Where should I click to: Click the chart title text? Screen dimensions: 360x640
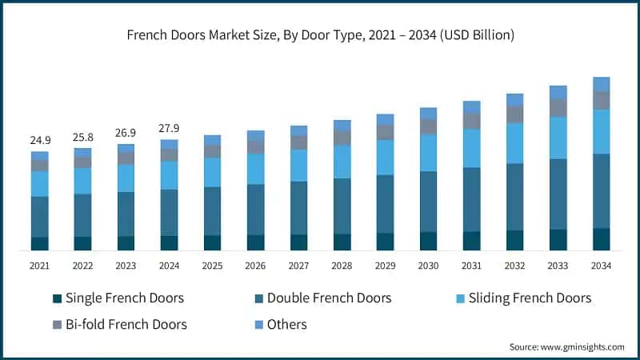tap(319, 35)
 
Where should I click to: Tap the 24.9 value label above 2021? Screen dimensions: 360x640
tap(40, 140)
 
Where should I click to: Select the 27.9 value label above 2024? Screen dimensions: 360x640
tap(169, 128)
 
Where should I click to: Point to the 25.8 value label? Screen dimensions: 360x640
tap(83, 137)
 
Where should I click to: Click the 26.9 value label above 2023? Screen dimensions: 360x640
tap(126, 133)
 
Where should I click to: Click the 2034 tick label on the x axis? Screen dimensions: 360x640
tap(601, 266)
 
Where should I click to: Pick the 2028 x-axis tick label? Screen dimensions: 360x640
tap(342, 266)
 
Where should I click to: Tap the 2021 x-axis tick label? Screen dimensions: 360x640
tap(40, 266)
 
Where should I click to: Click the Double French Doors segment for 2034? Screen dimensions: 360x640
tap(601, 190)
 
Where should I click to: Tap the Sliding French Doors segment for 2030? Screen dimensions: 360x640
tap(429, 153)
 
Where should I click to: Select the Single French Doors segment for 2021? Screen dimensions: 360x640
tap(40, 243)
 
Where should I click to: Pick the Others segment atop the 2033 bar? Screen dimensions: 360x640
tap(558, 92)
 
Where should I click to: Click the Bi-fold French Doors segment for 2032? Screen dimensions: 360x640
tap(515, 114)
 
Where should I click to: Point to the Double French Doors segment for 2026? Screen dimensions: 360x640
tap(256, 209)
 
